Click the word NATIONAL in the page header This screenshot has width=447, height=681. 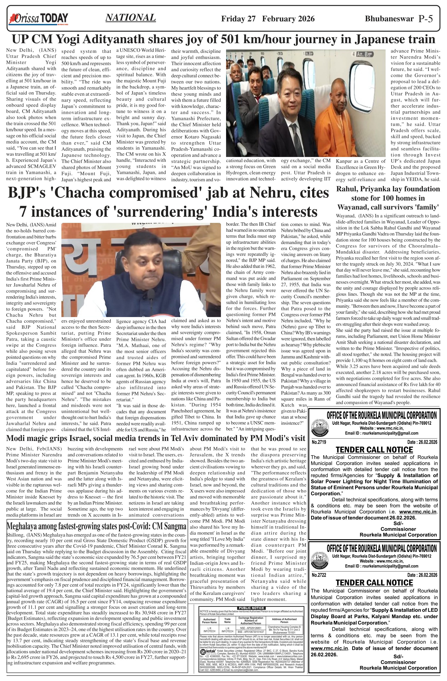131,18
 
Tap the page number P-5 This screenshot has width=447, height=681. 425,19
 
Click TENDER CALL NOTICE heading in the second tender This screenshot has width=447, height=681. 374,583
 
